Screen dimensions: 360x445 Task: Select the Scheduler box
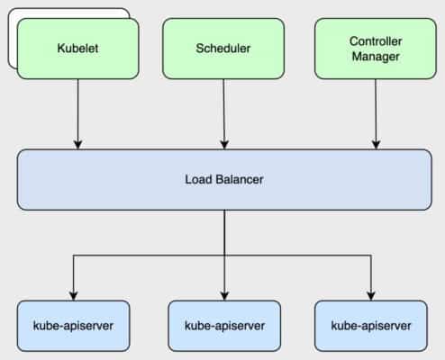pyautogui.click(x=222, y=48)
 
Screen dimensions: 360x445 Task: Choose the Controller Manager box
pyautogui.click(x=375, y=48)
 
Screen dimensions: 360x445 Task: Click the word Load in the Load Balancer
pyautogui.click(x=198, y=179)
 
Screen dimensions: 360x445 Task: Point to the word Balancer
pyautogui.click(x=239, y=179)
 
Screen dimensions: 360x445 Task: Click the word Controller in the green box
pyautogui.click(x=375, y=41)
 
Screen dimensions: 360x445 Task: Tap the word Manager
pyautogui.click(x=375, y=57)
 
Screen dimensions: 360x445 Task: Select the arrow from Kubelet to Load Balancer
pyautogui.click(x=77, y=112)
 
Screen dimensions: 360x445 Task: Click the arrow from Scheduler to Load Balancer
pyautogui.click(x=223, y=112)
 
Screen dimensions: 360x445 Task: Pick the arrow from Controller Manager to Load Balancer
pyautogui.click(x=376, y=112)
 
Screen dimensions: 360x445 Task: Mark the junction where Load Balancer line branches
pyautogui.click(x=223, y=256)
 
